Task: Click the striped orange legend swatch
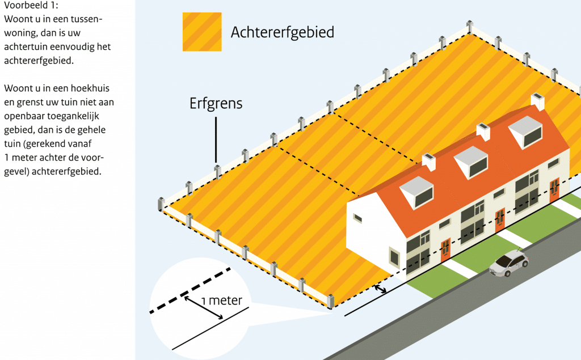(202, 32)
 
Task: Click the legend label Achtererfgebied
(283, 32)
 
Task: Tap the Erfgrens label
(216, 103)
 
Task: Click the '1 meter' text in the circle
(222, 300)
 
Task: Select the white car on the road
(509, 262)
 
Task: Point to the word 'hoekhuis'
(90, 88)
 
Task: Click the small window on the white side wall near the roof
(357, 218)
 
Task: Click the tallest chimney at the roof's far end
(538, 101)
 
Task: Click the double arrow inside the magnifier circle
(204, 307)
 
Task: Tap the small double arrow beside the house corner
(380, 289)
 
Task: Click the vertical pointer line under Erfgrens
(216, 139)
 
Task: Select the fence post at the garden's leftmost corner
(161, 204)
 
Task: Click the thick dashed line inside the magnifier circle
(190, 290)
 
